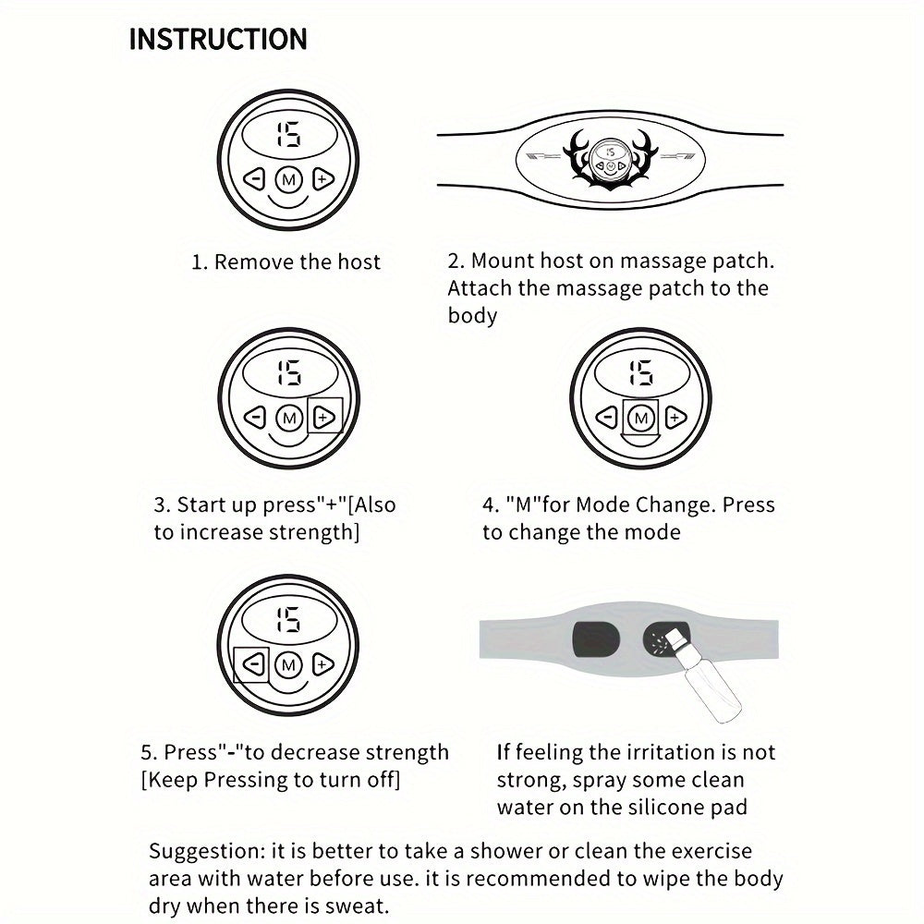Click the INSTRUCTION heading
tap(218, 40)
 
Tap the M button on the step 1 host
tap(288, 178)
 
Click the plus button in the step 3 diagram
tap(324, 418)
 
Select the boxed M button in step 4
tap(640, 419)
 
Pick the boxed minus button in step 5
tap(253, 665)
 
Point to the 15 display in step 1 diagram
tap(288, 134)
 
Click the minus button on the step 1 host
tap(254, 178)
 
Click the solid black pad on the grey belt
tap(596, 640)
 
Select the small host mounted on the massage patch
tap(611, 159)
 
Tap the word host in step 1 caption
tap(359, 261)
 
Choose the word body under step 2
tap(472, 315)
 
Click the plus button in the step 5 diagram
tap(322, 665)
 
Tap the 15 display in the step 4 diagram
tap(641, 372)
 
